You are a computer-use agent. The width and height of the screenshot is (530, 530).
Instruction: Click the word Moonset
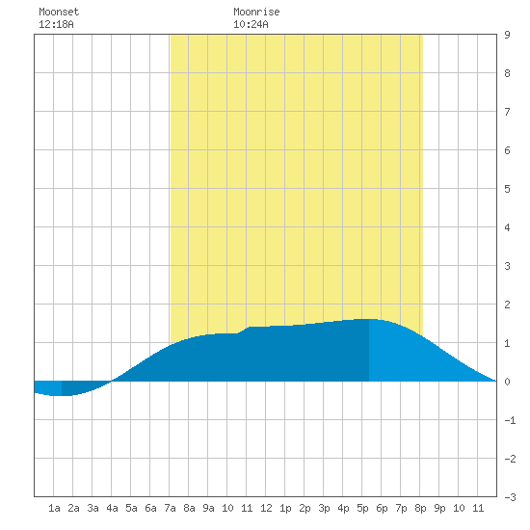pyautogui.click(x=59, y=12)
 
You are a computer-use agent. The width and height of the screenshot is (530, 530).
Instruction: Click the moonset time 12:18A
pyautogui.click(x=56, y=24)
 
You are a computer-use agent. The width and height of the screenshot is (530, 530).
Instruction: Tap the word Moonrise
pyautogui.click(x=256, y=12)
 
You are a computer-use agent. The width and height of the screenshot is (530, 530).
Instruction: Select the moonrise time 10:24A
pyautogui.click(x=251, y=24)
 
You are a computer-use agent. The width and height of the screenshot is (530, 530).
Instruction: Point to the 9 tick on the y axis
pyautogui.click(x=507, y=35)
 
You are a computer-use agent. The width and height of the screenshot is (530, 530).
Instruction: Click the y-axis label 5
pyautogui.click(x=507, y=189)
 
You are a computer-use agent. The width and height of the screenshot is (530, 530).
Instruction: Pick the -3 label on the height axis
pyautogui.click(x=510, y=497)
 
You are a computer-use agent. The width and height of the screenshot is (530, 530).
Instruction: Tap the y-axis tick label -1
pyautogui.click(x=510, y=420)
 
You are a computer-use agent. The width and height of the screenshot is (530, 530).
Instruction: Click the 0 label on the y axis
pyautogui.click(x=507, y=382)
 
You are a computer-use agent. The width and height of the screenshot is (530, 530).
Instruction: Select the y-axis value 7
pyautogui.click(x=507, y=112)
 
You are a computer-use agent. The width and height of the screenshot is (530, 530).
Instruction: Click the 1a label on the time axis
pyautogui.click(x=54, y=508)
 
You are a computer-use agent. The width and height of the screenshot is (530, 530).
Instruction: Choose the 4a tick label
pyautogui.click(x=112, y=508)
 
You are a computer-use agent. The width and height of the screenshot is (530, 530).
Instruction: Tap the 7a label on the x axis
pyautogui.click(x=170, y=508)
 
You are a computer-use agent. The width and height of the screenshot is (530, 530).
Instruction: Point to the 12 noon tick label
pyautogui.click(x=266, y=508)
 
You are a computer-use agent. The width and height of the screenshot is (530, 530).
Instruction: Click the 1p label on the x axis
pyautogui.click(x=285, y=508)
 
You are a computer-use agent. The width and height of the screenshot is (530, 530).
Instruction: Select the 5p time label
pyautogui.click(x=362, y=508)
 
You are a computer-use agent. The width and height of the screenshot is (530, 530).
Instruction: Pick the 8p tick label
pyautogui.click(x=420, y=508)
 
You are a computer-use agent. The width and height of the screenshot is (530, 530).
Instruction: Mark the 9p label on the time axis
pyautogui.click(x=439, y=508)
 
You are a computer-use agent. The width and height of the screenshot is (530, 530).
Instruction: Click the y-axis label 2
pyautogui.click(x=507, y=305)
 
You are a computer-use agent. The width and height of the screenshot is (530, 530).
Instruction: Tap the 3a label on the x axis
pyautogui.click(x=93, y=508)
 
